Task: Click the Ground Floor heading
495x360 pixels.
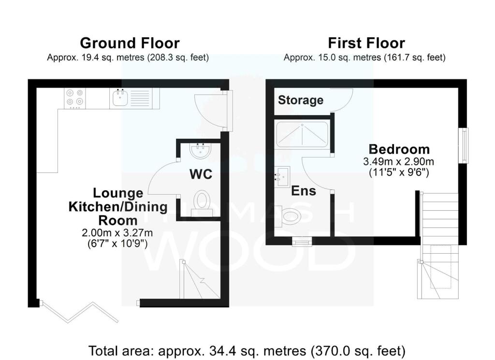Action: pyautogui.click(x=130, y=43)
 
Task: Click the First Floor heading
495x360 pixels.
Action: pyautogui.click(x=366, y=43)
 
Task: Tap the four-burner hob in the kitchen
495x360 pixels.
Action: pyautogui.click(x=75, y=99)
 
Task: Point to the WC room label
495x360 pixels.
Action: pyautogui.click(x=201, y=174)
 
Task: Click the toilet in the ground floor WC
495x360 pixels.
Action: pyautogui.click(x=202, y=203)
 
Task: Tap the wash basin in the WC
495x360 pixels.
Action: pyautogui.click(x=201, y=150)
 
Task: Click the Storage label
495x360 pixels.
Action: pyautogui.click(x=301, y=100)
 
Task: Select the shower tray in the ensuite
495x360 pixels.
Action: pyautogui.click(x=303, y=135)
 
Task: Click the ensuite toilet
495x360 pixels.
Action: pyautogui.click(x=287, y=216)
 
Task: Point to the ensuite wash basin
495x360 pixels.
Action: pyautogui.click(x=282, y=177)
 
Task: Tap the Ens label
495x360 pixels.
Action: pyautogui.click(x=304, y=191)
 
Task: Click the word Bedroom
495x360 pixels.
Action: pyautogui.click(x=399, y=149)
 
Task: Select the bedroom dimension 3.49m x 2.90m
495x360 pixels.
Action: pyautogui.click(x=398, y=162)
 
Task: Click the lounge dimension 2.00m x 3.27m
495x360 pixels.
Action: pyautogui.click(x=117, y=233)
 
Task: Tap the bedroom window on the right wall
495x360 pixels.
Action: pyautogui.click(x=464, y=145)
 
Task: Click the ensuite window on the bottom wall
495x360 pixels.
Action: pyautogui.click(x=302, y=242)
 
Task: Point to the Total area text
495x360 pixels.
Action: pyautogui.click(x=247, y=351)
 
